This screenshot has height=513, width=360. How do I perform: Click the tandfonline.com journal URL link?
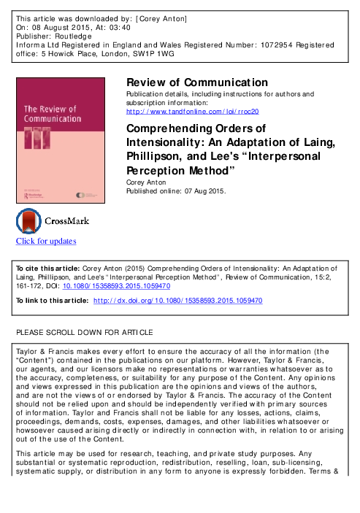point(193,111)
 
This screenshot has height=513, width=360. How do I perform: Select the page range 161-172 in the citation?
point(30,286)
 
